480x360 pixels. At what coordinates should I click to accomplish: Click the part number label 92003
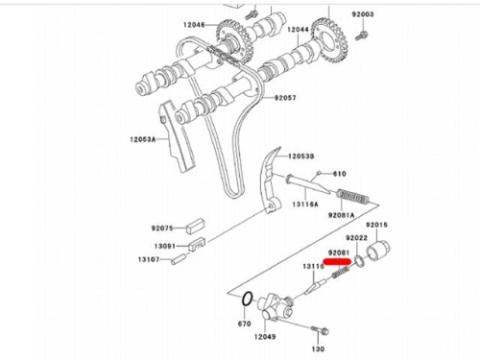[363, 14]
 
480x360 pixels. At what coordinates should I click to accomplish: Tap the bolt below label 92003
[361, 35]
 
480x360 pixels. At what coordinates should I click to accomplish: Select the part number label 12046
[194, 25]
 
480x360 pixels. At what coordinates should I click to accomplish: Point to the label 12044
[298, 30]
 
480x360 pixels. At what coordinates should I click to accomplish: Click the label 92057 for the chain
[285, 98]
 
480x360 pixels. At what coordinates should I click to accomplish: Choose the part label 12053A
[143, 139]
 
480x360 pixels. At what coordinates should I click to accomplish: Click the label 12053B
[301, 156]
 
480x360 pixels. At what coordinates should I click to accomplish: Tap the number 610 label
[340, 174]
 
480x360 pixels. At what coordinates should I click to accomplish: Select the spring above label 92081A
[353, 197]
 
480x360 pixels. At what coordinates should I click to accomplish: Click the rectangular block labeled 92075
[195, 225]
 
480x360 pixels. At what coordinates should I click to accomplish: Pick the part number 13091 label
[165, 246]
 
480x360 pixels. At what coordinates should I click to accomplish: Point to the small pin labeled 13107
[179, 258]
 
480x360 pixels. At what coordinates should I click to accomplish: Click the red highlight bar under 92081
[337, 262]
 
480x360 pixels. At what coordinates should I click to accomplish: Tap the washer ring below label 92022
[359, 261]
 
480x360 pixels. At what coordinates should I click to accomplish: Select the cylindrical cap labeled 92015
[377, 251]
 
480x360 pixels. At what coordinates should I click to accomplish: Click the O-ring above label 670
[248, 299]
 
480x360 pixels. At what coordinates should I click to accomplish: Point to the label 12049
[265, 337]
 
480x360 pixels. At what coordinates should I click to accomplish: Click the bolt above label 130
[320, 329]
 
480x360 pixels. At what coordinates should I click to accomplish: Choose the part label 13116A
[305, 204]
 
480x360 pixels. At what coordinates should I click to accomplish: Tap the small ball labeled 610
[319, 173]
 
